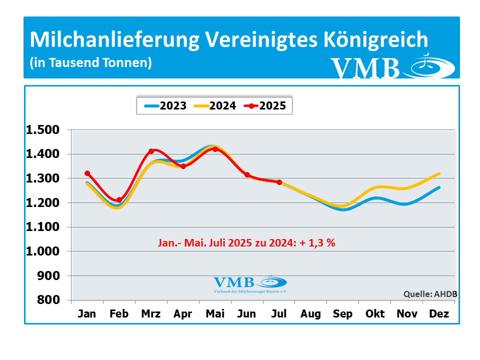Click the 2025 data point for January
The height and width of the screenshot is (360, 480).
87,173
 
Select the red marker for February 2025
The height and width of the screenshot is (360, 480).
119,200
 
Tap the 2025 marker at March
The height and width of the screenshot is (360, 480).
151,151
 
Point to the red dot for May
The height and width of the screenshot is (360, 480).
215,149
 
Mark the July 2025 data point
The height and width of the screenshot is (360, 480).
279,182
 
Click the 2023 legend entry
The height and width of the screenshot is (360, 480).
165,105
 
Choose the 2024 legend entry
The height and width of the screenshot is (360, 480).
214,105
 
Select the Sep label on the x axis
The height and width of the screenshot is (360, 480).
342,314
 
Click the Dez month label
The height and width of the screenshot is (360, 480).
438,314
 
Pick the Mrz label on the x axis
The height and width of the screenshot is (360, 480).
151,314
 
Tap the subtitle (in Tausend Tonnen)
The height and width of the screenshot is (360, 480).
90,63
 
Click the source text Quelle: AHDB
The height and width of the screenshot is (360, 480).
430,294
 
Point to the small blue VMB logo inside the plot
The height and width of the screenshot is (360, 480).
250,283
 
